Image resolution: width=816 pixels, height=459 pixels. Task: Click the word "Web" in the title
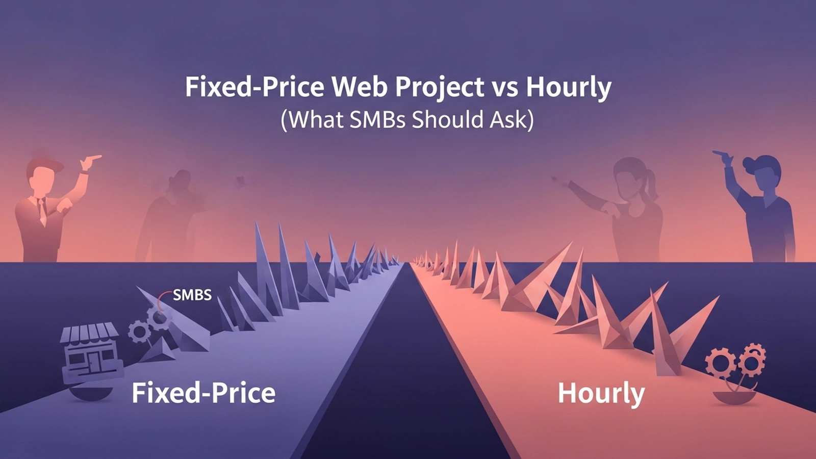pyautogui.click(x=359, y=87)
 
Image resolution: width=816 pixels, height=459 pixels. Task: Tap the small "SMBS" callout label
pyautogui.click(x=192, y=295)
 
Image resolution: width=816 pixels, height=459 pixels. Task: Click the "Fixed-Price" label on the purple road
pyautogui.click(x=203, y=393)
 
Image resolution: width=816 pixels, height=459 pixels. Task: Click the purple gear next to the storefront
pyautogui.click(x=139, y=331)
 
